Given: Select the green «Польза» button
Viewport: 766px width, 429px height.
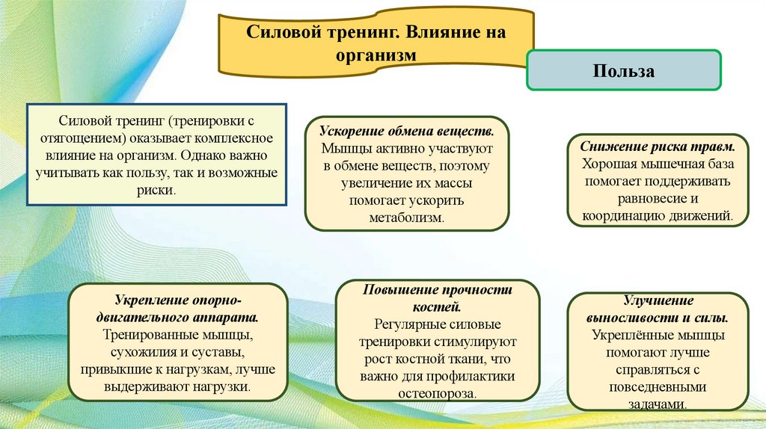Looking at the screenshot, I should point(624,71).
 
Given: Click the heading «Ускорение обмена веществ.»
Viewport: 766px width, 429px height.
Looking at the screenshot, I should point(407,129).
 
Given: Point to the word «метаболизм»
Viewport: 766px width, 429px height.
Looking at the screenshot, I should point(407,217).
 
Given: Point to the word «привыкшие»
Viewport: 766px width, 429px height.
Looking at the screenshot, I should point(114,370).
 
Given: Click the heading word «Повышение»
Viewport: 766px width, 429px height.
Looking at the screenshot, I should point(399,289).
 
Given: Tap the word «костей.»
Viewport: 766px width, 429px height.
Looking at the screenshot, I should point(438,306).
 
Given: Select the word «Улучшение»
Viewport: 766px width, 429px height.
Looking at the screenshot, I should point(658,300).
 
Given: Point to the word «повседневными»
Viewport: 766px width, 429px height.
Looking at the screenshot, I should point(658,388).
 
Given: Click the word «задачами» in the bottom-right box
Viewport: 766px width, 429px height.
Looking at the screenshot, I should point(657,404).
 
